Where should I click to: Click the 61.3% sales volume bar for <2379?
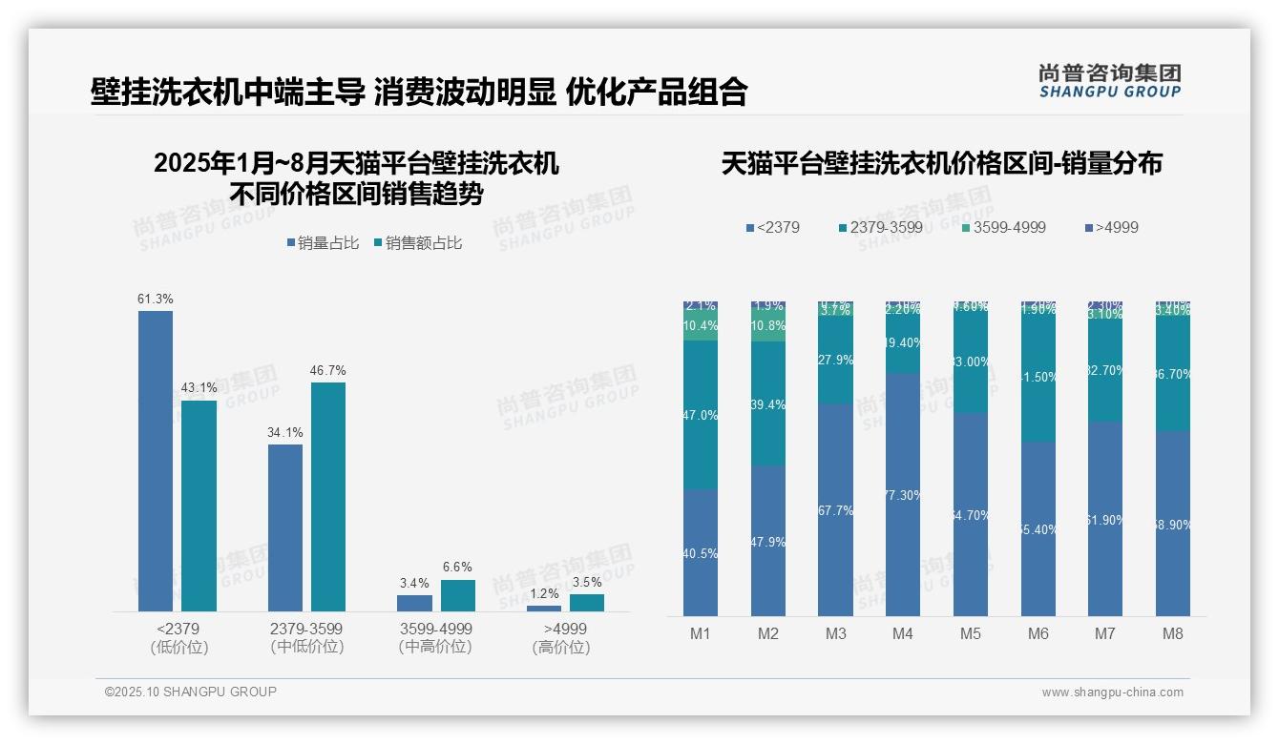[x=156, y=461]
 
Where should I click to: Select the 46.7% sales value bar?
[x=328, y=496]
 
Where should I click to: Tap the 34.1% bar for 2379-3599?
[x=285, y=527]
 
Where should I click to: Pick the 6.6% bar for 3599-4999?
[x=458, y=595]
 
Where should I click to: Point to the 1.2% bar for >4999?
[x=544, y=608]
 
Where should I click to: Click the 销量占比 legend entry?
[x=323, y=243]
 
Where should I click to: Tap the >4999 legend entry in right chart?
[x=1111, y=227]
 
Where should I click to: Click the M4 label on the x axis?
[x=902, y=633]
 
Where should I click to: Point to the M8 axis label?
[x=1173, y=633]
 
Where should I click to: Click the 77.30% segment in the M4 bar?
[x=902, y=494]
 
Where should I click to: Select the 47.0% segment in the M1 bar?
[x=701, y=415]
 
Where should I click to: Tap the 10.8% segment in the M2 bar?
[x=768, y=325]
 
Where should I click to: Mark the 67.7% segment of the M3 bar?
[x=835, y=509]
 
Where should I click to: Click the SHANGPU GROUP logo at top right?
[x=1109, y=81]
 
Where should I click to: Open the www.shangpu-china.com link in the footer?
[x=1112, y=692]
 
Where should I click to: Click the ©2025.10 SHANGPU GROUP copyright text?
[x=191, y=692]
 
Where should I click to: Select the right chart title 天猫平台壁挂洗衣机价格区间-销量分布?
[x=941, y=164]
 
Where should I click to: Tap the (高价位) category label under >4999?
[x=561, y=647]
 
